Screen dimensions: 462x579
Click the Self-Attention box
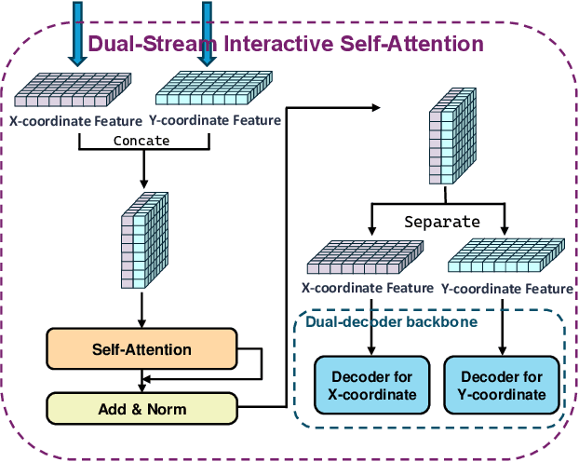[x=141, y=350]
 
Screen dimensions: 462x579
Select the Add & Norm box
[x=141, y=409]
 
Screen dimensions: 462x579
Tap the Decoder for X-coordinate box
[x=371, y=386]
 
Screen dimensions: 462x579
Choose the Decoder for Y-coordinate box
[x=502, y=386]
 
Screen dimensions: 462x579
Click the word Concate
[x=141, y=141]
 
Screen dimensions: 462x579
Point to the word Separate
[x=442, y=222]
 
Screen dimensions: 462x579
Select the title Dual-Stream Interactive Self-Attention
[x=285, y=43]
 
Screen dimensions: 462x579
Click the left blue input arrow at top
[x=78, y=34]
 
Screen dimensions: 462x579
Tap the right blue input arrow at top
[x=207, y=34]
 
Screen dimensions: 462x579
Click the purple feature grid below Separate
[x=370, y=257]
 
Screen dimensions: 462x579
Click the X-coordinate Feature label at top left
[x=76, y=119]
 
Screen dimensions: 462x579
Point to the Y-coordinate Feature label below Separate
[x=507, y=289]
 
